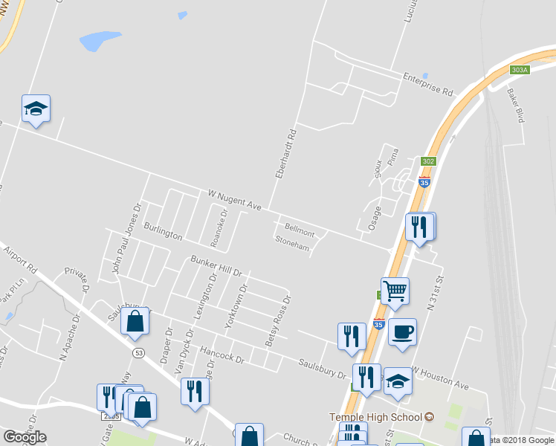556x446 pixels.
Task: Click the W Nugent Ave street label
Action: [234, 200]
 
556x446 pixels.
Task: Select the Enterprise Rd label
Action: [427, 84]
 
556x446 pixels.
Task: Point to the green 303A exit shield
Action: [520, 70]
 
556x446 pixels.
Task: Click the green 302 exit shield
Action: [427, 161]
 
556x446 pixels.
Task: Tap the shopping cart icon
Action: [395, 291]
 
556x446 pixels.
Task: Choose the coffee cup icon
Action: [402, 331]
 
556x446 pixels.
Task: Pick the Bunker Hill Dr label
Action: [217, 265]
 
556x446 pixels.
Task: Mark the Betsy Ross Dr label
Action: [278, 321]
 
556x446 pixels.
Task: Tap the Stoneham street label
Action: [291, 243]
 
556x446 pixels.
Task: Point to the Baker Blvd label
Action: [516, 106]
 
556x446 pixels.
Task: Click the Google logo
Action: [25, 437]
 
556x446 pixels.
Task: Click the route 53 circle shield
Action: [138, 352]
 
